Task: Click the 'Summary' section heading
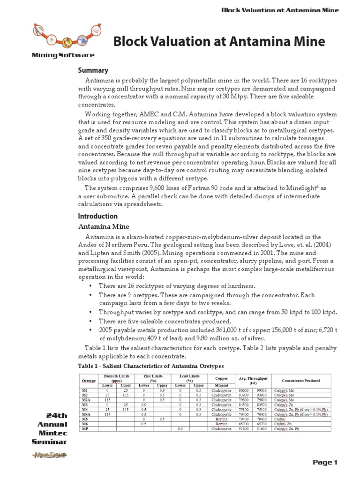click(x=93, y=70)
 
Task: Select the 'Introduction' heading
click(x=97, y=216)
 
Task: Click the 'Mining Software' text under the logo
click(x=63, y=55)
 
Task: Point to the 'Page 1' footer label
click(x=325, y=463)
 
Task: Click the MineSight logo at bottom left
click(x=49, y=455)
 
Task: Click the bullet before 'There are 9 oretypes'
click(x=90, y=295)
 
